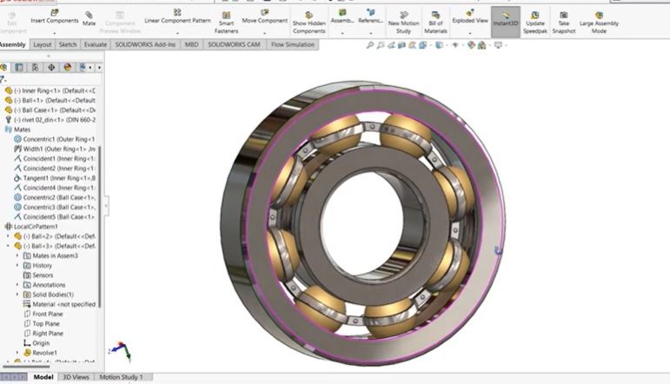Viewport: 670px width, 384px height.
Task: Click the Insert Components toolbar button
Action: tap(54, 17)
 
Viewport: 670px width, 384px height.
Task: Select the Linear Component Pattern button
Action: tap(176, 17)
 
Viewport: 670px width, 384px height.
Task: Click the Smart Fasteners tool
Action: tap(226, 20)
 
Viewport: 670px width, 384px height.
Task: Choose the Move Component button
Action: tap(264, 17)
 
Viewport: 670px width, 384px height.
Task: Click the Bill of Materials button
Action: tap(435, 20)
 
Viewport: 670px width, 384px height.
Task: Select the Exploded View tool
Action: tap(469, 17)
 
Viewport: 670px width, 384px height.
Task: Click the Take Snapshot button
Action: tap(563, 20)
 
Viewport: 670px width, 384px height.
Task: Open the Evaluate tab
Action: tap(96, 44)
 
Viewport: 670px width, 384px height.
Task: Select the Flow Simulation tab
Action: tap(293, 44)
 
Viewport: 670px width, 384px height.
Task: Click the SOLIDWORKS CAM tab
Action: tap(234, 44)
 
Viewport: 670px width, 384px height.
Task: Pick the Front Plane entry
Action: tap(47, 314)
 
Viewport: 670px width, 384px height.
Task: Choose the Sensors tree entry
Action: tap(43, 275)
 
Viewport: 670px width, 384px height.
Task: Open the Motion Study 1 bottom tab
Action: tap(121, 377)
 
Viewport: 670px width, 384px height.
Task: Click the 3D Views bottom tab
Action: tap(76, 377)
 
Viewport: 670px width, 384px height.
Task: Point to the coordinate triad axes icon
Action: tap(124, 351)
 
